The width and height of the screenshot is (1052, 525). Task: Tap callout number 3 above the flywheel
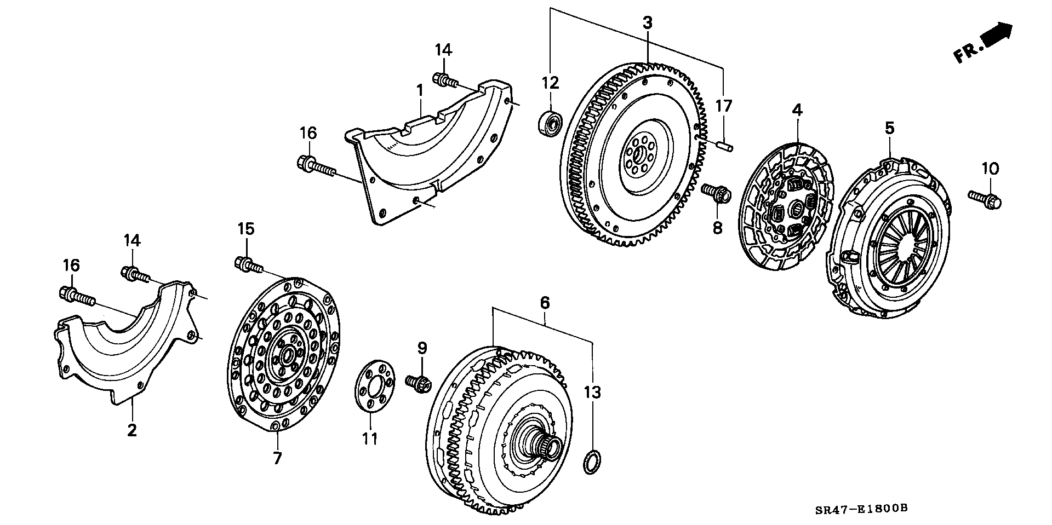point(648,23)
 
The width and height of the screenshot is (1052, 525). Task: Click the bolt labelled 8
point(717,193)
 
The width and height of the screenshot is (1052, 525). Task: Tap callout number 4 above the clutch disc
point(797,110)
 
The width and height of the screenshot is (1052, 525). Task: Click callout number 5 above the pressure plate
point(889,129)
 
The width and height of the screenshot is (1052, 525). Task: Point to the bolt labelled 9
point(419,383)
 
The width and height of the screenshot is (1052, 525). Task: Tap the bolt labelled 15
point(249,264)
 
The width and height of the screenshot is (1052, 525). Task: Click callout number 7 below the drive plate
point(277,458)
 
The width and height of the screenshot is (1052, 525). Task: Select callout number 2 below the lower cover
point(132,430)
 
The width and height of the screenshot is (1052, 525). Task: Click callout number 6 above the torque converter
point(545,302)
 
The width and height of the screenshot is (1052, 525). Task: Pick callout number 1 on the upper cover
point(420,90)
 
